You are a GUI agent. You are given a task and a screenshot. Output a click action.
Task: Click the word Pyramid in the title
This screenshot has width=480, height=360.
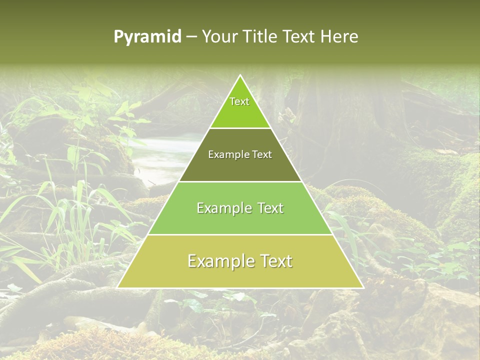[x=147, y=37]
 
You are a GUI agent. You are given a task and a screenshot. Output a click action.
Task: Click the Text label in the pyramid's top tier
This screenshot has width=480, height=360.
[x=239, y=101]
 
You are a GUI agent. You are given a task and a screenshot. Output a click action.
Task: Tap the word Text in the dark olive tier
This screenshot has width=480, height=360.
[x=262, y=155]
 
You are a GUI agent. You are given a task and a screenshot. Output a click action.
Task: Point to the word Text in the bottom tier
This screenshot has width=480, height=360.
[x=274, y=261]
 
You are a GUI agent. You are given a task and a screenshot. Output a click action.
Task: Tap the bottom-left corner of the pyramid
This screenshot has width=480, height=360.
[x=118, y=287]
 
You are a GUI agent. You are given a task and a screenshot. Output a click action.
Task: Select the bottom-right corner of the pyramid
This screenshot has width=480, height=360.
[x=362, y=287]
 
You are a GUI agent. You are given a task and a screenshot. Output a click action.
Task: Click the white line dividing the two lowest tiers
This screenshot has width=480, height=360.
[x=240, y=234]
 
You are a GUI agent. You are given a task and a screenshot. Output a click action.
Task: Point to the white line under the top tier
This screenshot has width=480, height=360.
[x=240, y=128]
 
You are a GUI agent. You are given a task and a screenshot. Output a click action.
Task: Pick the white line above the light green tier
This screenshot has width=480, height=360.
[x=240, y=181]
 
